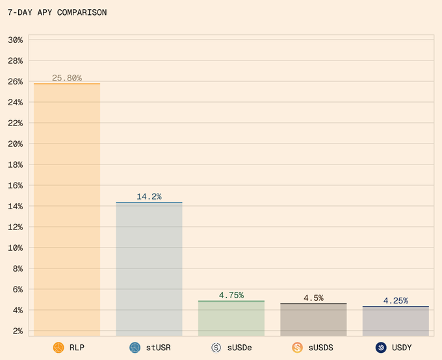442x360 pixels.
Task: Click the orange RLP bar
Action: (x=67, y=208)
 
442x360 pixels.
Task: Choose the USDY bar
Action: (x=395, y=320)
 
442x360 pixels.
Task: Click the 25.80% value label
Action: (x=67, y=78)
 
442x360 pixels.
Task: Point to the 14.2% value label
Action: (x=149, y=196)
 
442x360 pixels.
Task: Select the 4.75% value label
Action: (x=231, y=295)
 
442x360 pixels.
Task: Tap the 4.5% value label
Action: (x=313, y=298)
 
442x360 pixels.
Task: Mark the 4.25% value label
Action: (x=395, y=300)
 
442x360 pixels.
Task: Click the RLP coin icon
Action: (x=58, y=348)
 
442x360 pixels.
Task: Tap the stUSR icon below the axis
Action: (x=135, y=348)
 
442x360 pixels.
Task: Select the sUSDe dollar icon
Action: (x=216, y=348)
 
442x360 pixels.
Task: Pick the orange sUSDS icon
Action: (x=298, y=348)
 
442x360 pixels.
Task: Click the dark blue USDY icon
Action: (x=381, y=348)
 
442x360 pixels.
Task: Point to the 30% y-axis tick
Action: (x=16, y=40)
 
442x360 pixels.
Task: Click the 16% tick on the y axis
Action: (x=16, y=185)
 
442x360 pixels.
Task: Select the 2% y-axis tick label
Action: (x=18, y=331)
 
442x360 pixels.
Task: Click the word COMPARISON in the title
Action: (x=82, y=12)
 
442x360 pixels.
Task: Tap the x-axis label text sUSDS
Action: (x=321, y=348)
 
